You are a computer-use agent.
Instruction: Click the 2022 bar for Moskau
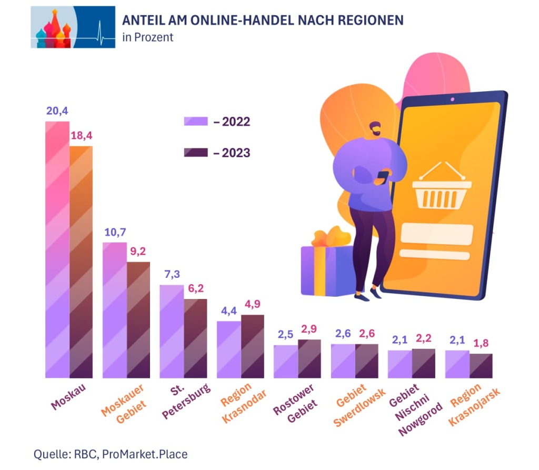57,249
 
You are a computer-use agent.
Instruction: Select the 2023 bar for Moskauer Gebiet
138,319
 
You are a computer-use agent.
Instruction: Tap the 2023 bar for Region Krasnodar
253,346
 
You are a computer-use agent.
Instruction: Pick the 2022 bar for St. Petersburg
171,331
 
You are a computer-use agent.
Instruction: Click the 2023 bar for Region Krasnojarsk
481,366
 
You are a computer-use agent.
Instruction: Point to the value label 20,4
57,111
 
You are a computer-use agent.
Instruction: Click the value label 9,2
138,252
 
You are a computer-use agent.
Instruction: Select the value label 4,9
253,304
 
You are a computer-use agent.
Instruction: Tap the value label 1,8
481,343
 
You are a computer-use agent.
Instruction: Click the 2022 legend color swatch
196,122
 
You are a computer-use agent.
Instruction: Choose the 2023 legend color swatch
196,153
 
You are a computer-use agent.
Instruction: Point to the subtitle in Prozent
147,38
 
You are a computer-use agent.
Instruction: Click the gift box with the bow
326,266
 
